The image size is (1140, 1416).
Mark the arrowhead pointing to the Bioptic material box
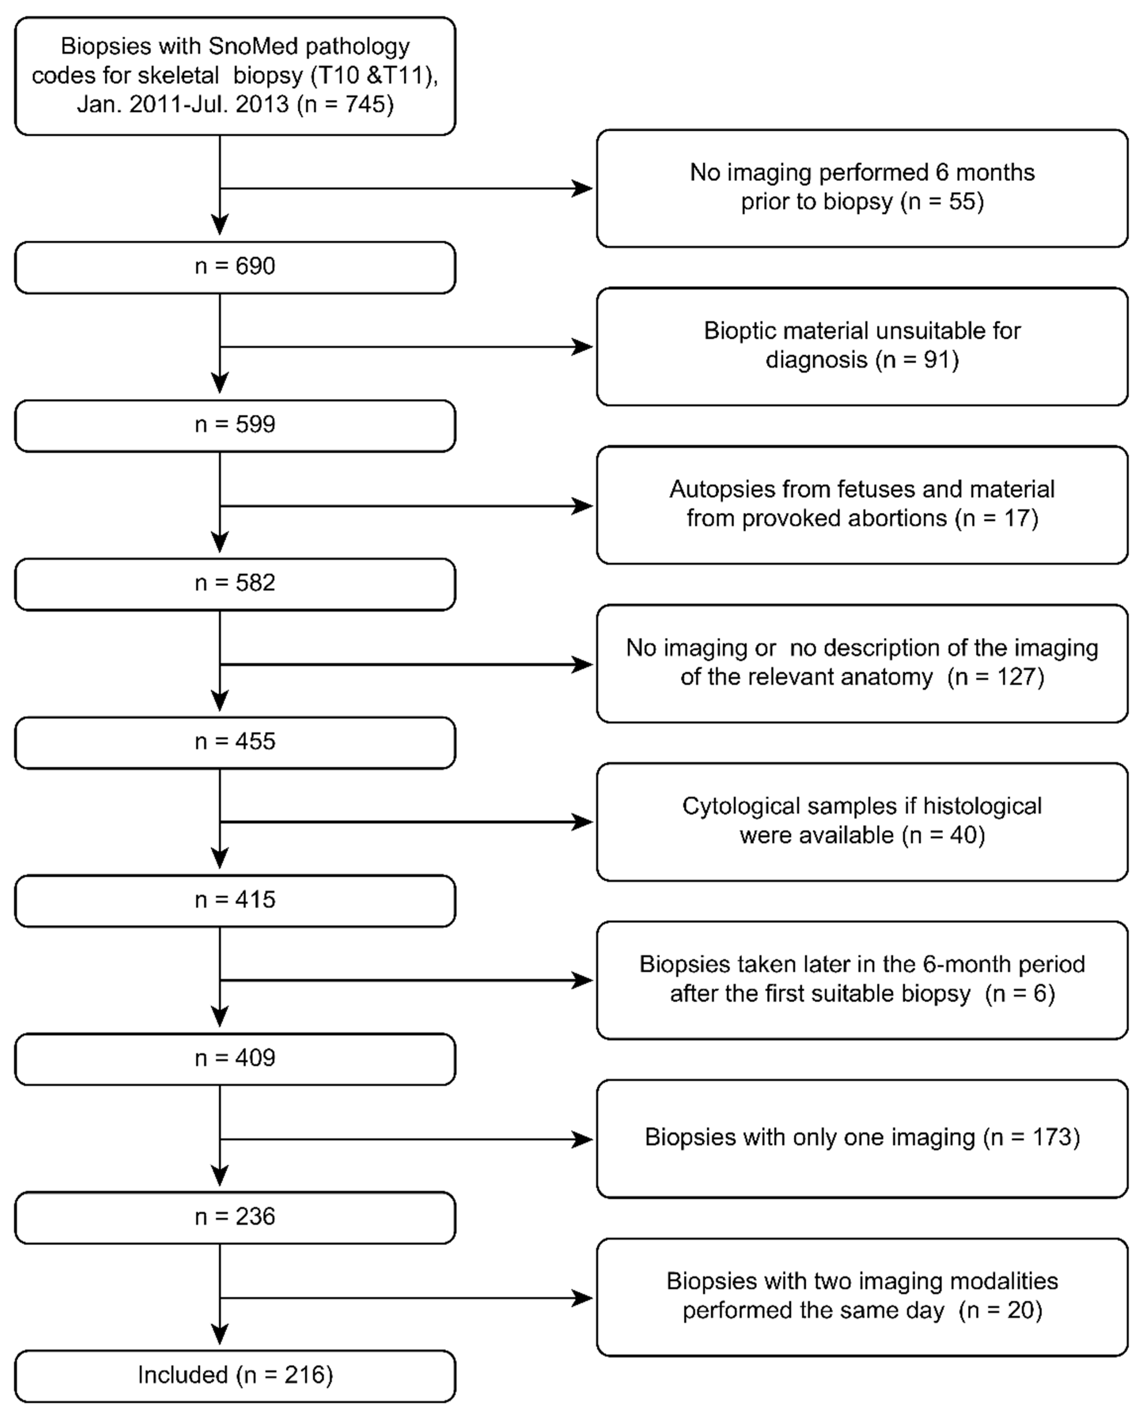[x=582, y=347]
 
